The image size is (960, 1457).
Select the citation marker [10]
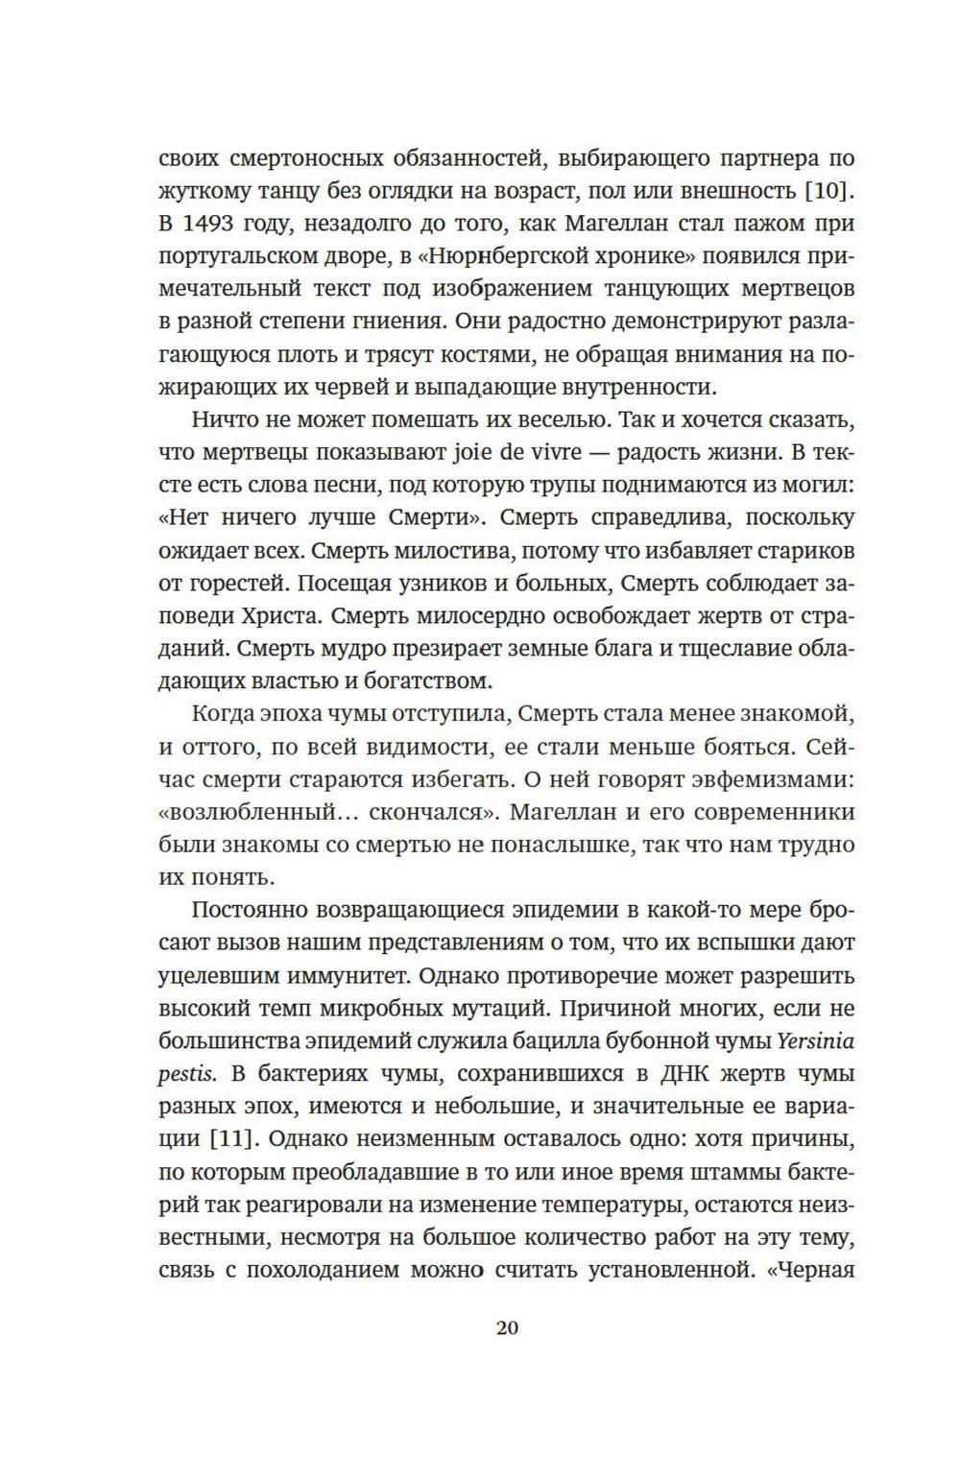[x=828, y=190]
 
